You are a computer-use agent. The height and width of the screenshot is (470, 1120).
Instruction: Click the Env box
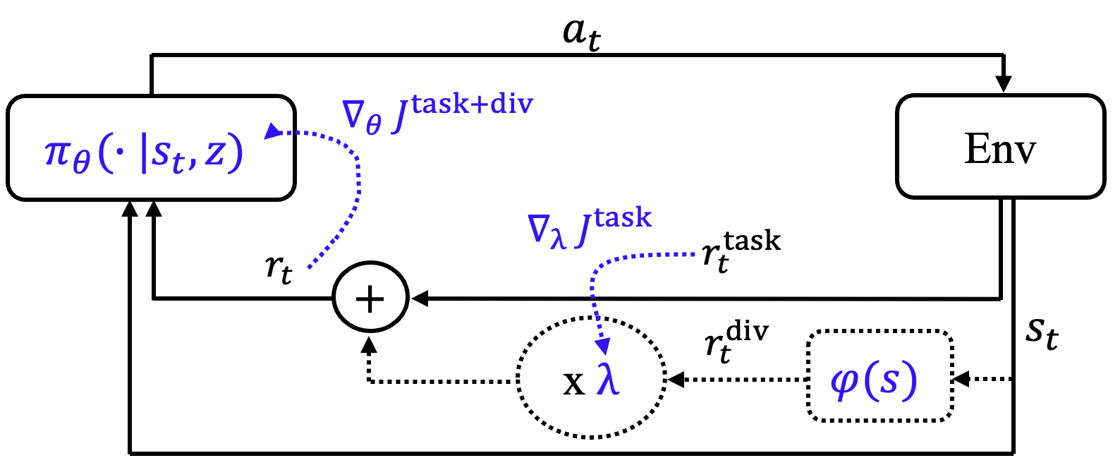point(1000,147)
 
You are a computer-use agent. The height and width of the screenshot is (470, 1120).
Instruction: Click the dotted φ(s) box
point(879,375)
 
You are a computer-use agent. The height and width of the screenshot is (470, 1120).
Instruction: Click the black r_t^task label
point(741,250)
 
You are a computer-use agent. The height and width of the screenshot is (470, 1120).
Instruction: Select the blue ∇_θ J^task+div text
point(437,113)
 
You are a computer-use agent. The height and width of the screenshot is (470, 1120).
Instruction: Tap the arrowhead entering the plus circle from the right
point(420,299)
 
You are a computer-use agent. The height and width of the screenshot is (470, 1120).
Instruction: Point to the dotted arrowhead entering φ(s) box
point(961,379)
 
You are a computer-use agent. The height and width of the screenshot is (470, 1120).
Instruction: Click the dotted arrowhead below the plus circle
point(369,345)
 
